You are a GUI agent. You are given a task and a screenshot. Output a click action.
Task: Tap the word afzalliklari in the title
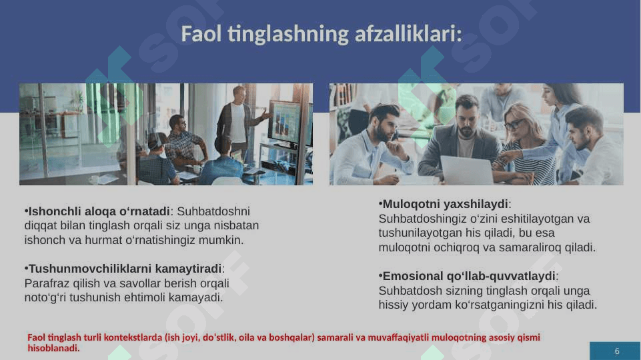point(408,33)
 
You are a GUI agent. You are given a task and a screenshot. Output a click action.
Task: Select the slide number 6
point(617,351)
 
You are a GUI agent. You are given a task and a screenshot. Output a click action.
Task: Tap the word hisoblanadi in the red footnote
point(53,348)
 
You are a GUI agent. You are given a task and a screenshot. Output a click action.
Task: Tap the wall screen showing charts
point(287,123)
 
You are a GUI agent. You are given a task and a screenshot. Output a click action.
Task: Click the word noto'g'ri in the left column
point(45,297)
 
